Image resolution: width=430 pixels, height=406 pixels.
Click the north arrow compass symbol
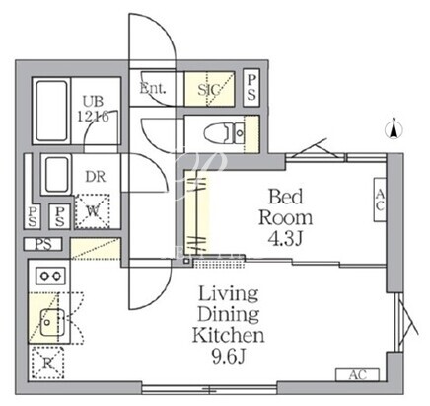click(394, 129)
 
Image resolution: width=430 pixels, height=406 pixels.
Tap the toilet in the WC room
click(224, 133)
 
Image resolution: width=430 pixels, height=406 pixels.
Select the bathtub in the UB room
click(51, 111)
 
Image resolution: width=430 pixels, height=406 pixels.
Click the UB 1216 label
click(93, 109)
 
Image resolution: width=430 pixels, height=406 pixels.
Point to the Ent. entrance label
click(153, 88)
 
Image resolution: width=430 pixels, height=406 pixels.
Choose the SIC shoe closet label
click(209, 89)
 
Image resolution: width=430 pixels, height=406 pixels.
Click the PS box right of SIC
click(251, 88)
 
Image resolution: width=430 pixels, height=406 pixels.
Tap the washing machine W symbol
click(93, 211)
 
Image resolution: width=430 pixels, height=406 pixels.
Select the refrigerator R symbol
click(47, 363)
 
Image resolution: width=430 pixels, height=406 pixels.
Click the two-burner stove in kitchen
click(50, 276)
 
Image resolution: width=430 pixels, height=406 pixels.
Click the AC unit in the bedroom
click(380, 200)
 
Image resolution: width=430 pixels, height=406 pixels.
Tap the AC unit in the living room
click(357, 375)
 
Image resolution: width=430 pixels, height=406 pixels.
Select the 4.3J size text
click(285, 239)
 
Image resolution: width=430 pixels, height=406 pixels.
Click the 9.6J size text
click(229, 356)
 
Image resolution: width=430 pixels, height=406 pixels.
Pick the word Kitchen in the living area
click(228, 335)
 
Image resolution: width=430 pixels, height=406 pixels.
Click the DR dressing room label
click(96, 177)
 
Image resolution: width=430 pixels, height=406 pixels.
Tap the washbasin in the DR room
click(57, 174)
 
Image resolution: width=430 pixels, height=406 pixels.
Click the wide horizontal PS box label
click(43, 244)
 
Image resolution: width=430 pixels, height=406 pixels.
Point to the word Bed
click(285, 197)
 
